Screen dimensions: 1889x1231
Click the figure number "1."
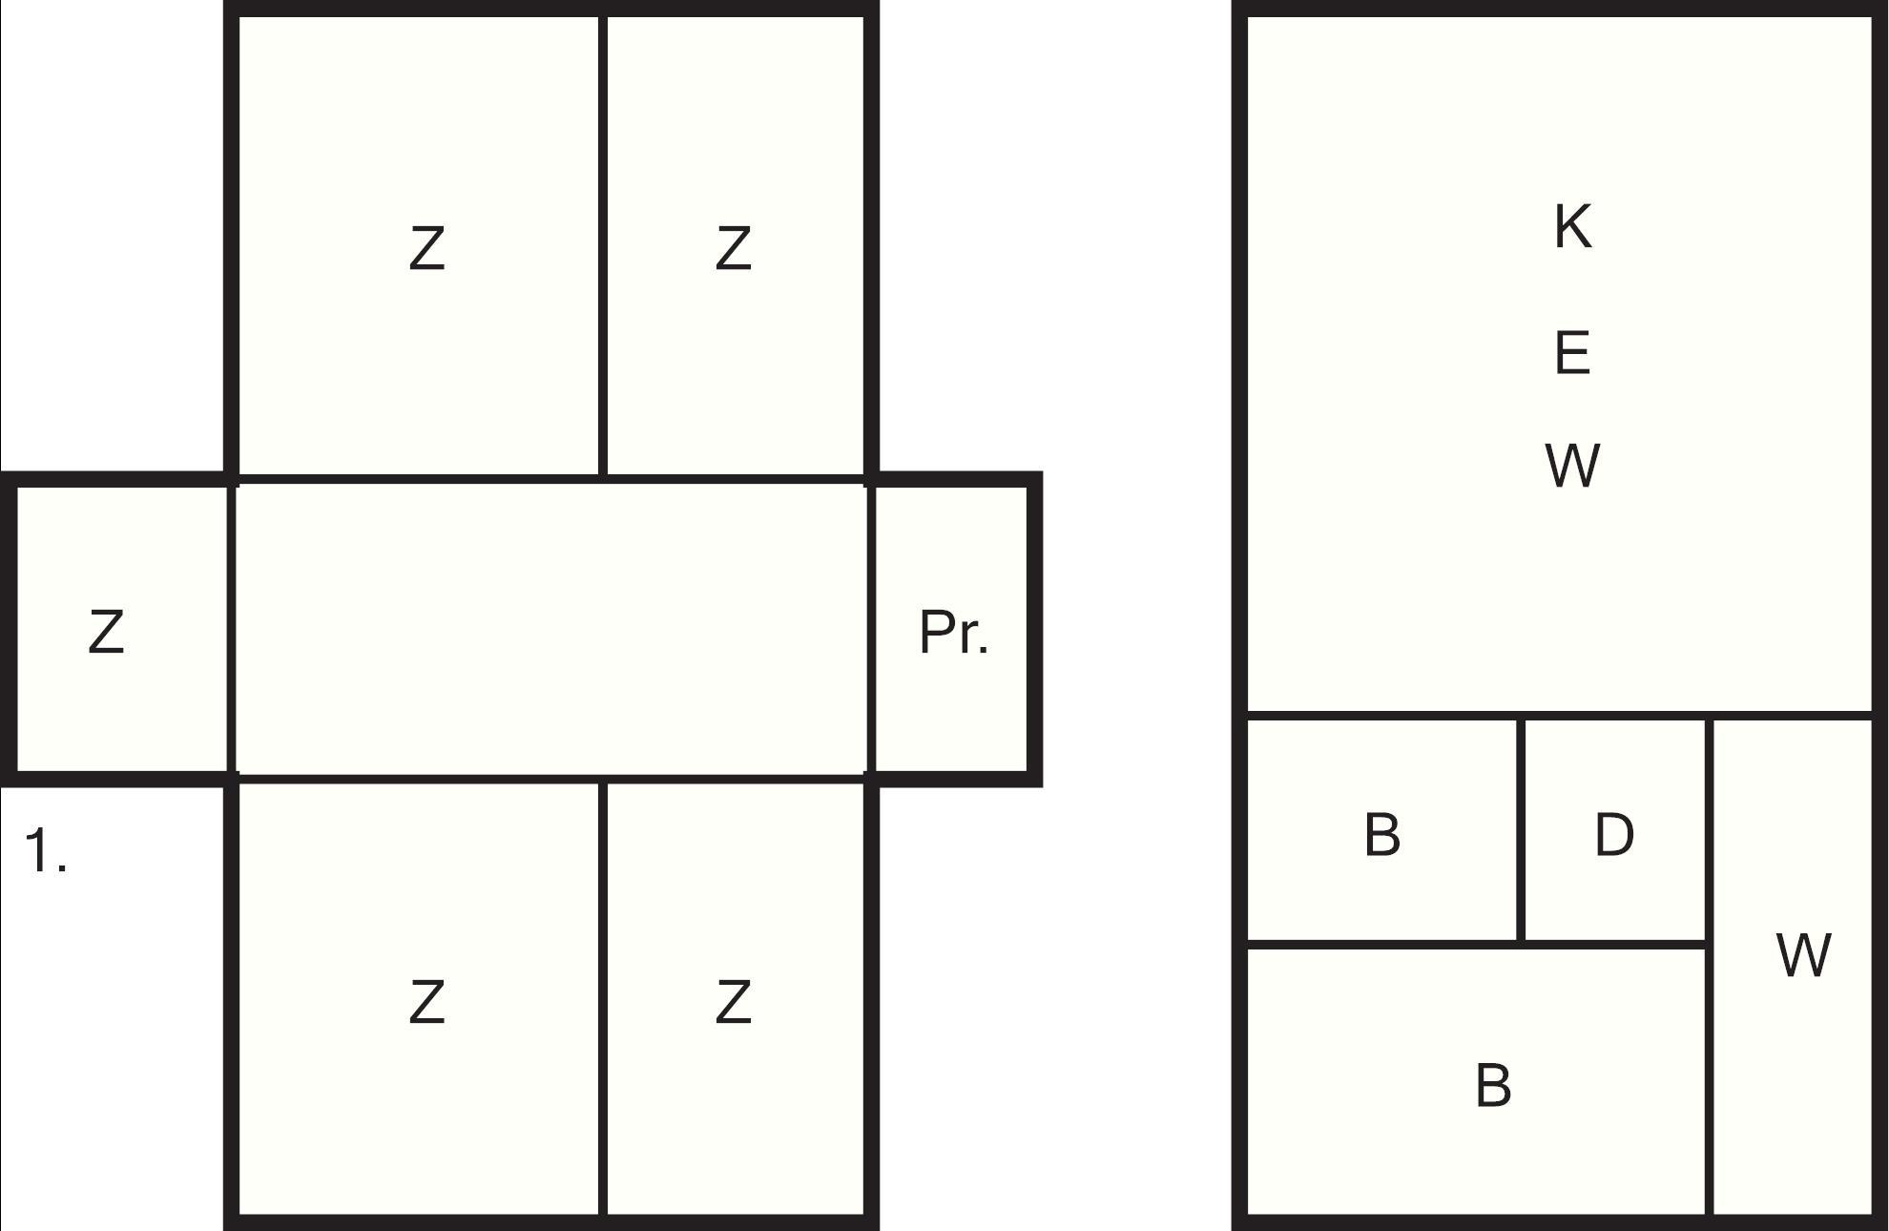point(45,850)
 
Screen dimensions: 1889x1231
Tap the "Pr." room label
point(953,632)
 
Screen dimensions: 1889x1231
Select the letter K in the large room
point(1572,226)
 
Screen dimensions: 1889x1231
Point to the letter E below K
point(1572,352)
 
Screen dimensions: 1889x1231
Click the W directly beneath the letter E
point(1571,465)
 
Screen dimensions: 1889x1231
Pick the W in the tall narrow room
point(1803,954)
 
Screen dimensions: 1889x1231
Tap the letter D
point(1613,834)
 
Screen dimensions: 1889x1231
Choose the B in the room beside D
point(1382,834)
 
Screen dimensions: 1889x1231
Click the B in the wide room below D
point(1493,1085)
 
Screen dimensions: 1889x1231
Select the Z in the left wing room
point(106,632)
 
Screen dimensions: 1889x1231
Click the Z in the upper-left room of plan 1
point(426,248)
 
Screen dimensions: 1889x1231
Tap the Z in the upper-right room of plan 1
point(733,248)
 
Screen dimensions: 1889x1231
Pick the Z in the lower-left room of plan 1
point(426,1002)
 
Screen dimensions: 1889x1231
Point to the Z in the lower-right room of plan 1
point(733,1002)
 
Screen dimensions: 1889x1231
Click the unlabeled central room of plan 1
point(551,630)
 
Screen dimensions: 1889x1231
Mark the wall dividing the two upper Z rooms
point(603,245)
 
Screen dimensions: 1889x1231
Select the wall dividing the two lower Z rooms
point(603,999)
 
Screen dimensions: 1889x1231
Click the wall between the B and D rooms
point(1520,829)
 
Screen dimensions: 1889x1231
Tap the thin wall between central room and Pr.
point(870,630)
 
